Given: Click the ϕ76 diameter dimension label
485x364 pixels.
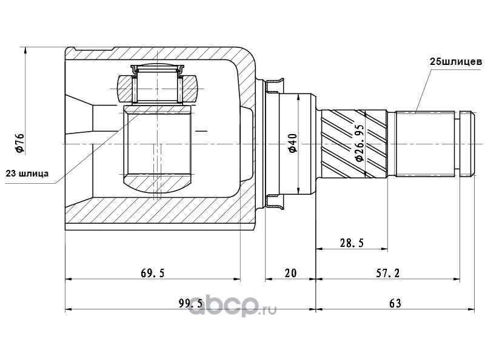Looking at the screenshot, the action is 19,143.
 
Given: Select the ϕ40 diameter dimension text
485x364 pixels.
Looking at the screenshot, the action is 292,143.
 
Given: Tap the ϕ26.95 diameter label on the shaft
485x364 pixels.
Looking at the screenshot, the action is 359,143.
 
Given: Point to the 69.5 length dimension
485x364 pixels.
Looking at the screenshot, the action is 153,272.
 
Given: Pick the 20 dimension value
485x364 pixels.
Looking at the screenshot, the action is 290,272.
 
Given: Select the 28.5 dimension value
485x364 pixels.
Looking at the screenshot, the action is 352,243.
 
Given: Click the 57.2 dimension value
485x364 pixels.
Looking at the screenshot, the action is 388,272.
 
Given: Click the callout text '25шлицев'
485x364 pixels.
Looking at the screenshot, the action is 456,62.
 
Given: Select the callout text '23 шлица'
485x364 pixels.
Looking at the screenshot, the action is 27,174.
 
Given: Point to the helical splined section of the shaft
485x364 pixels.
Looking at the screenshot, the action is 354,144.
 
